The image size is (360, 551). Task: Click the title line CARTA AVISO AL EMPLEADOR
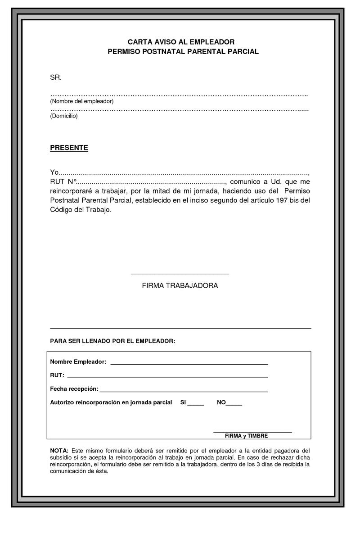coord(181,42)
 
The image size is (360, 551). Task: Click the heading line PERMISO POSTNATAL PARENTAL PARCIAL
coord(183,52)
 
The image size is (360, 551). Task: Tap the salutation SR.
coord(55,77)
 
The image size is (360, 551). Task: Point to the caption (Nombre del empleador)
coord(81,101)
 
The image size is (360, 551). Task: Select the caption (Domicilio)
coord(64,116)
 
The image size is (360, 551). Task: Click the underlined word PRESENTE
coord(69,148)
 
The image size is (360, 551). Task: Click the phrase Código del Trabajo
coord(80,210)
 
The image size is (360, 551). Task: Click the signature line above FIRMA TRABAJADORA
coord(180,273)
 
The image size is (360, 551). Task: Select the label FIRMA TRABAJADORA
coord(180,286)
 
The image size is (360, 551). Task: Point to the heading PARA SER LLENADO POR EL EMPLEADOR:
coord(112,341)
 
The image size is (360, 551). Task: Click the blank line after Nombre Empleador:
coord(189,363)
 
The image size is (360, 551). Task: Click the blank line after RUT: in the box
coord(167,377)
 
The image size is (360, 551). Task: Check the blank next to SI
coord(196,405)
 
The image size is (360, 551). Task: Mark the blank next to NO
coord(234,405)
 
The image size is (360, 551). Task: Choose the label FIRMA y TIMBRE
coord(246,436)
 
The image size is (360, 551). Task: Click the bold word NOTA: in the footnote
coord(59,451)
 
